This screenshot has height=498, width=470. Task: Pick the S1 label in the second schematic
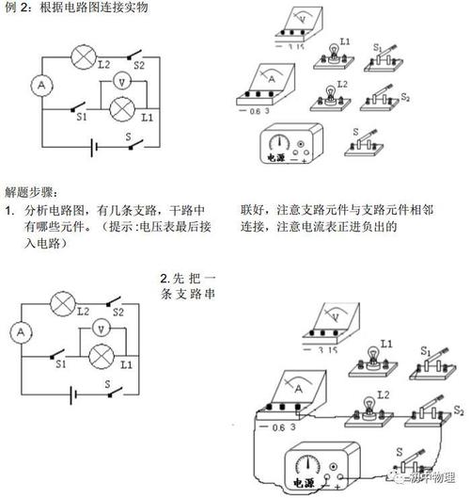pos(60,362)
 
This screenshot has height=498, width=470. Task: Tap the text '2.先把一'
pos(188,280)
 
